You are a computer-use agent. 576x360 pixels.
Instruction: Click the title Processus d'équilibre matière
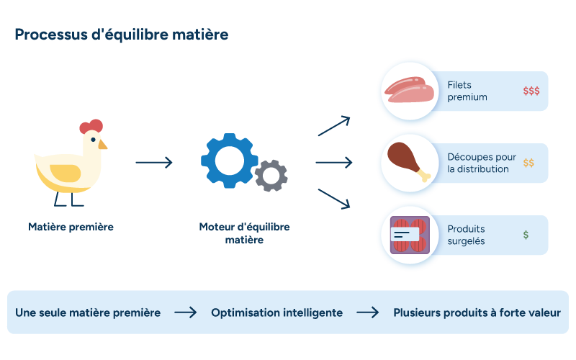point(122,35)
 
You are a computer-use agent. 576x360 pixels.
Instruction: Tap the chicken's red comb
point(91,126)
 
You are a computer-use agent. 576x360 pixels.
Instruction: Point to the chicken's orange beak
point(102,145)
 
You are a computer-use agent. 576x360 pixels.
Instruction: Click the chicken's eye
point(94,140)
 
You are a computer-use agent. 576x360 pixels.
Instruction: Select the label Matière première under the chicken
point(71,227)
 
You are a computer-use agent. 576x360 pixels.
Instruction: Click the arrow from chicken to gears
point(154,163)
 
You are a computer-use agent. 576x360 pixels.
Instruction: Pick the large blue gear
point(229,161)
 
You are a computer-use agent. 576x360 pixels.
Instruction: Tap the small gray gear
point(271,176)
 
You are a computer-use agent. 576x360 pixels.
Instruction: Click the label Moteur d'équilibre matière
point(244,233)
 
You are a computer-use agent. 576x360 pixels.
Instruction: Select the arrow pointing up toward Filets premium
point(334,126)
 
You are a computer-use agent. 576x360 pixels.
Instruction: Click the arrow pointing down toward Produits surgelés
point(334,199)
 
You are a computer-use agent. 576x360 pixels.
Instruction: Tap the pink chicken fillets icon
point(409,89)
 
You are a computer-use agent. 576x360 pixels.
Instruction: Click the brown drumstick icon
point(408,161)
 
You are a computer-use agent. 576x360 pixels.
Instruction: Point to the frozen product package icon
point(410,235)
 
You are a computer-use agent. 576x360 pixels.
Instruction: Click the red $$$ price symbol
point(531,91)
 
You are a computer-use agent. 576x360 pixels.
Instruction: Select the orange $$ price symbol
point(528,163)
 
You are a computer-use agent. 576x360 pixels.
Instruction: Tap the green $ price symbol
point(526,235)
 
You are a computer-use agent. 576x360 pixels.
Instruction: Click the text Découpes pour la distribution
point(482,163)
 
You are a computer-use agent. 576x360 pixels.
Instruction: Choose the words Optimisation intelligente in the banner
point(277,312)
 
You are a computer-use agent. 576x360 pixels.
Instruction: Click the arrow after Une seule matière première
point(186,312)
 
